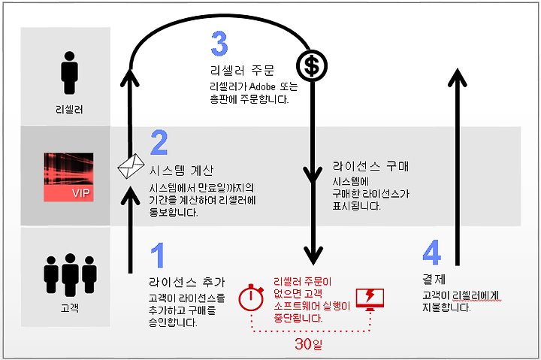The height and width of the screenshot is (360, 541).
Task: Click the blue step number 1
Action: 158,255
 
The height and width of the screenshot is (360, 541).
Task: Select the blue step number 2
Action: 159,142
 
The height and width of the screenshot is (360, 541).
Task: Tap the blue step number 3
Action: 219,43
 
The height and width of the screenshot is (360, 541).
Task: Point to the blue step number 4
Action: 431,253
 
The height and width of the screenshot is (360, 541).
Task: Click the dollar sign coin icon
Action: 312,66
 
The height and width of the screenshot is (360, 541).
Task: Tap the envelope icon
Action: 131,166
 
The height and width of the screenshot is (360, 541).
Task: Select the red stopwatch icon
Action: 251,297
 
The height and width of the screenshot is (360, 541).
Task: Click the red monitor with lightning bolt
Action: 370,300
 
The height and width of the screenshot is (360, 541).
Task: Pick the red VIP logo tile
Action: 68,177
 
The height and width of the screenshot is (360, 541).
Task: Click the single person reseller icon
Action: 69,73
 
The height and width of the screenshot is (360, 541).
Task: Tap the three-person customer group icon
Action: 70,275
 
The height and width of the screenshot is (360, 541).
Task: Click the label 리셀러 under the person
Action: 69,110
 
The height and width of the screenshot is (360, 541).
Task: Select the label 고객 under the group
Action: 70,307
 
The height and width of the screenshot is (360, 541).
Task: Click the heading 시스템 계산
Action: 182,170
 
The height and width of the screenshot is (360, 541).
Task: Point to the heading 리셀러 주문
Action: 242,71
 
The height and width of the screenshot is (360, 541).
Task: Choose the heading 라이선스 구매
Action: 371,166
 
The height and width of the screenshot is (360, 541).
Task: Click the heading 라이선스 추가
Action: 187,282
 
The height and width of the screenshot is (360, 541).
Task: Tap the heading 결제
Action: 434,279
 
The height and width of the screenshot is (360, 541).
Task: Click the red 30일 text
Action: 309,343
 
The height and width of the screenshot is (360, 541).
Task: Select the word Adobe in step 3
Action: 262,86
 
